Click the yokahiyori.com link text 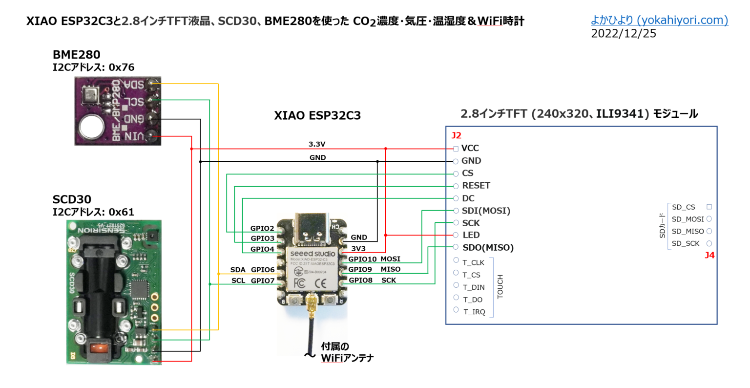pos(659,20)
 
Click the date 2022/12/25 pos(624,34)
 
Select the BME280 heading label pos(76,55)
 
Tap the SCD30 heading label pos(72,199)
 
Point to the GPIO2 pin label pos(262,228)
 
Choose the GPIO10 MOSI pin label pos(374,259)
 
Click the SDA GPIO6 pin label pos(252,270)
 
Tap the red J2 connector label pos(456,135)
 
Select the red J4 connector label pos(709,255)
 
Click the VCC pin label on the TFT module pos(470,148)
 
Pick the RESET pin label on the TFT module pos(476,186)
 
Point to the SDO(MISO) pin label pos(488,248)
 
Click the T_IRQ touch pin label pos(474,312)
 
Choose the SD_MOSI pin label pos(687,219)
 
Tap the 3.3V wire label pos(317,144)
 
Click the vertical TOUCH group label pos(500,286)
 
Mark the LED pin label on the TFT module pos(471,235)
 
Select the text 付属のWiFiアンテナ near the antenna pos(347,352)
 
